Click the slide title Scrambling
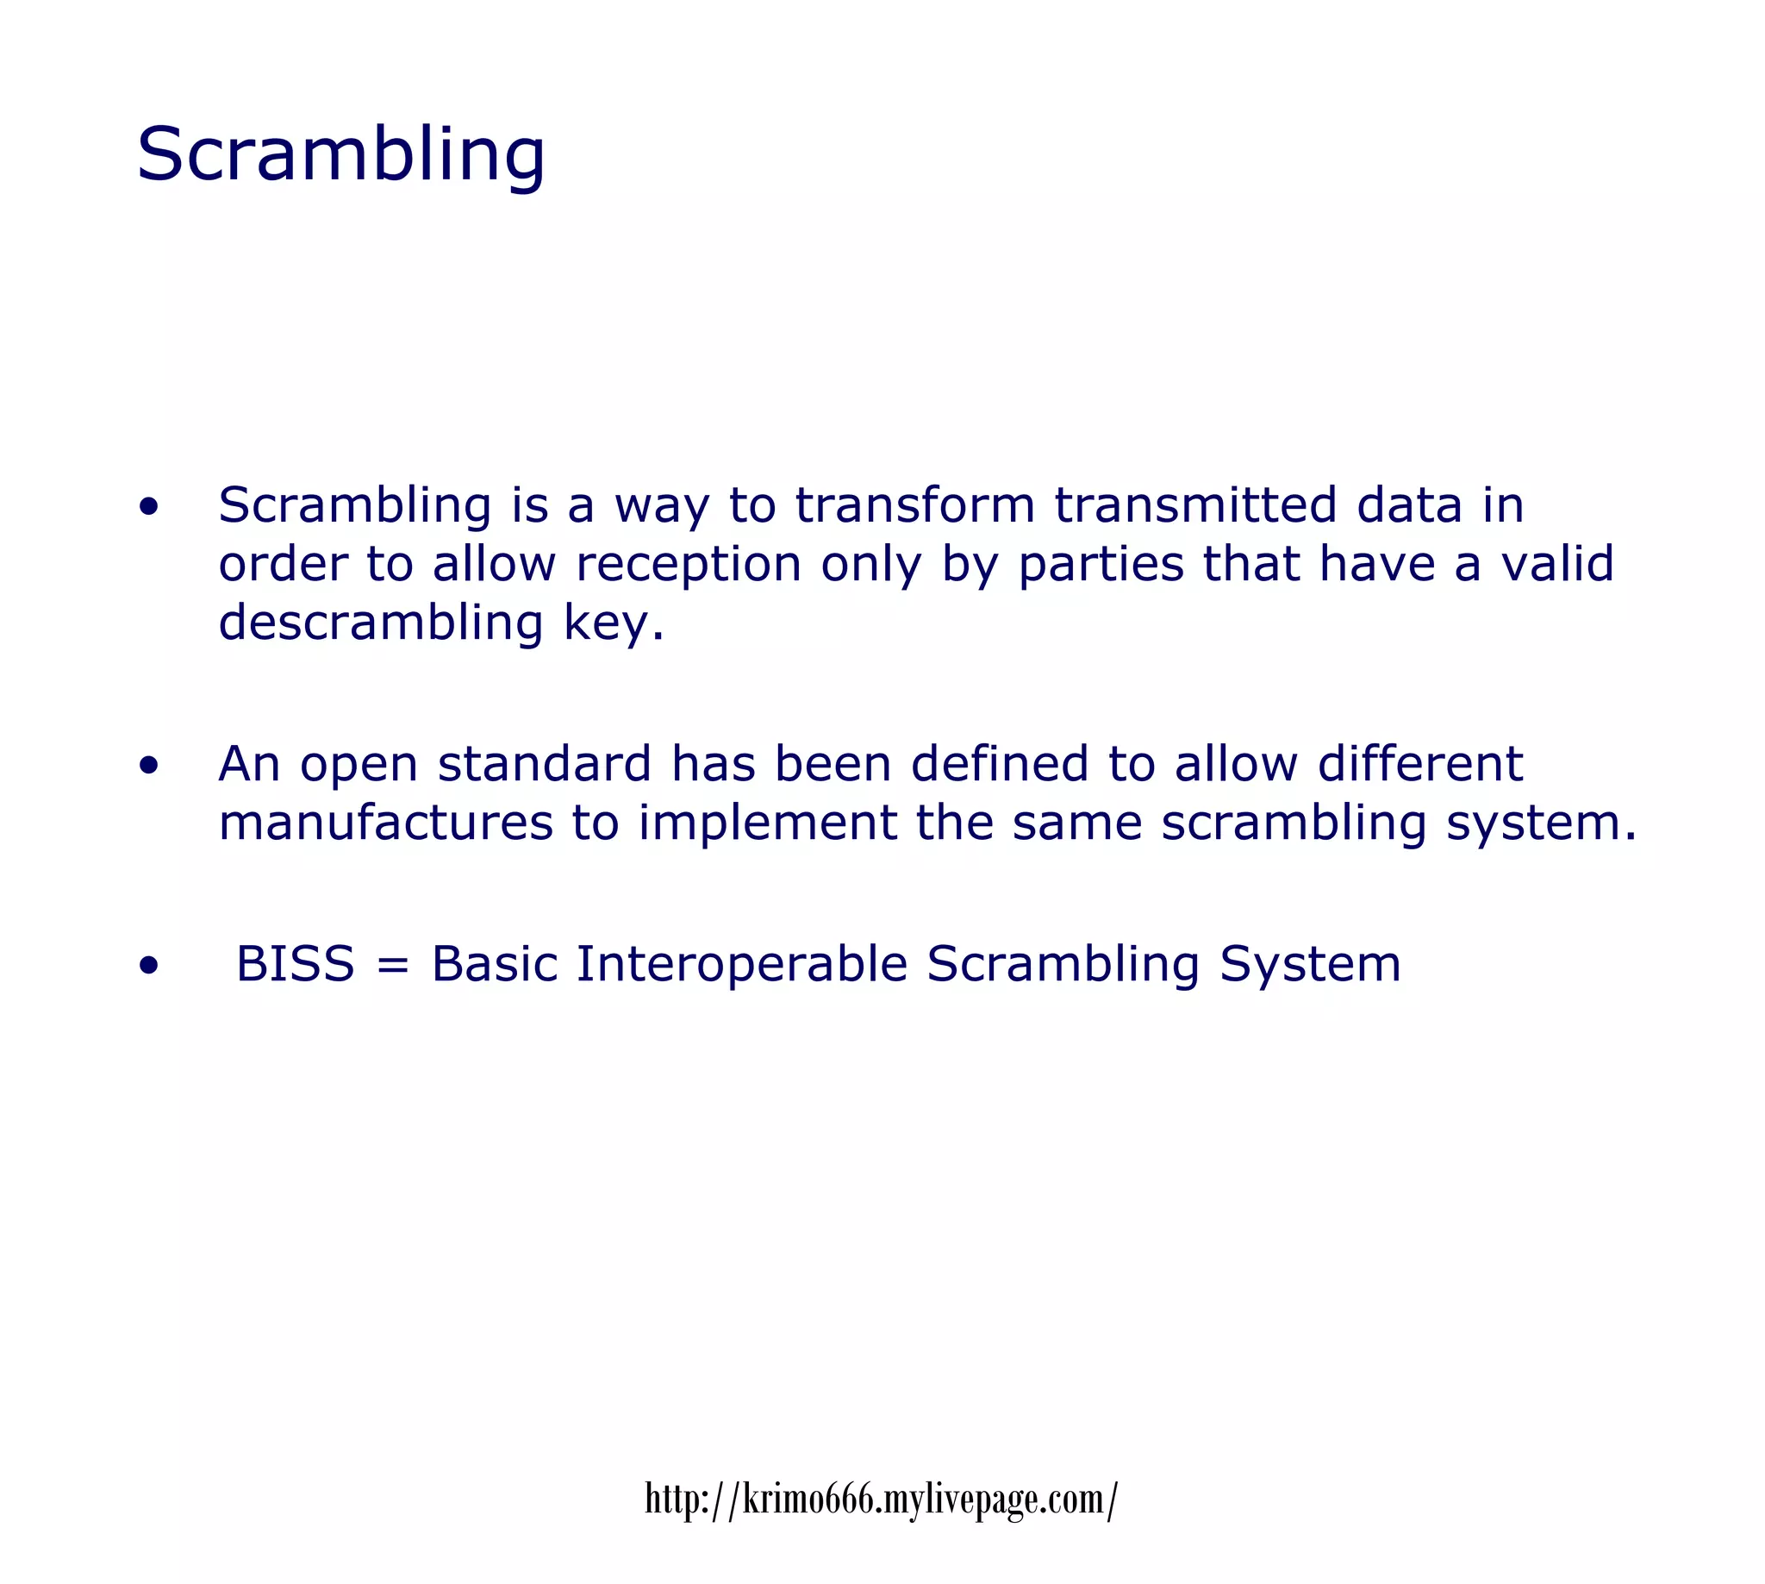pos(341,154)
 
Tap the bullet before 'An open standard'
pos(149,765)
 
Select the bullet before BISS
pos(149,965)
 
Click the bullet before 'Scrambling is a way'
pos(149,506)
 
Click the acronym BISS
pos(295,964)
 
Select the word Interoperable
pos(742,964)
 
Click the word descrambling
pos(381,623)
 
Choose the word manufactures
pos(385,823)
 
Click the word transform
pos(915,505)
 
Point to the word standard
pos(545,764)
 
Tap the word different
pos(1419,764)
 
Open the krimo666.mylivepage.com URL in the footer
pos(881,1499)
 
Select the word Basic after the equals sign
pos(494,964)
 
